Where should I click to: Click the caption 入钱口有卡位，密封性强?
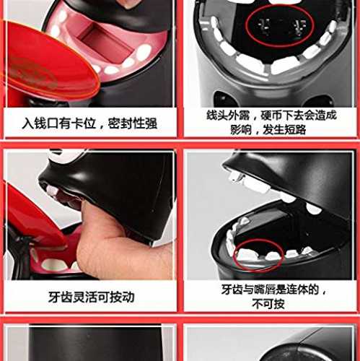coord(89,123)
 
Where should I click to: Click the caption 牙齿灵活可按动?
coord(91,297)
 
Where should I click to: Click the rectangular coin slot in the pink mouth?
coord(106,43)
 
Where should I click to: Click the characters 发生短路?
coord(284,130)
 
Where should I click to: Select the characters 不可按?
coord(268,304)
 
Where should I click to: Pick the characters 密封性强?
coord(133,123)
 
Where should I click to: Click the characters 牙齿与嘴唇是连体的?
coord(270,290)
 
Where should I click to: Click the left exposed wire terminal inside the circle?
coord(264,27)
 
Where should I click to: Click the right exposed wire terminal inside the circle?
coord(299,27)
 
